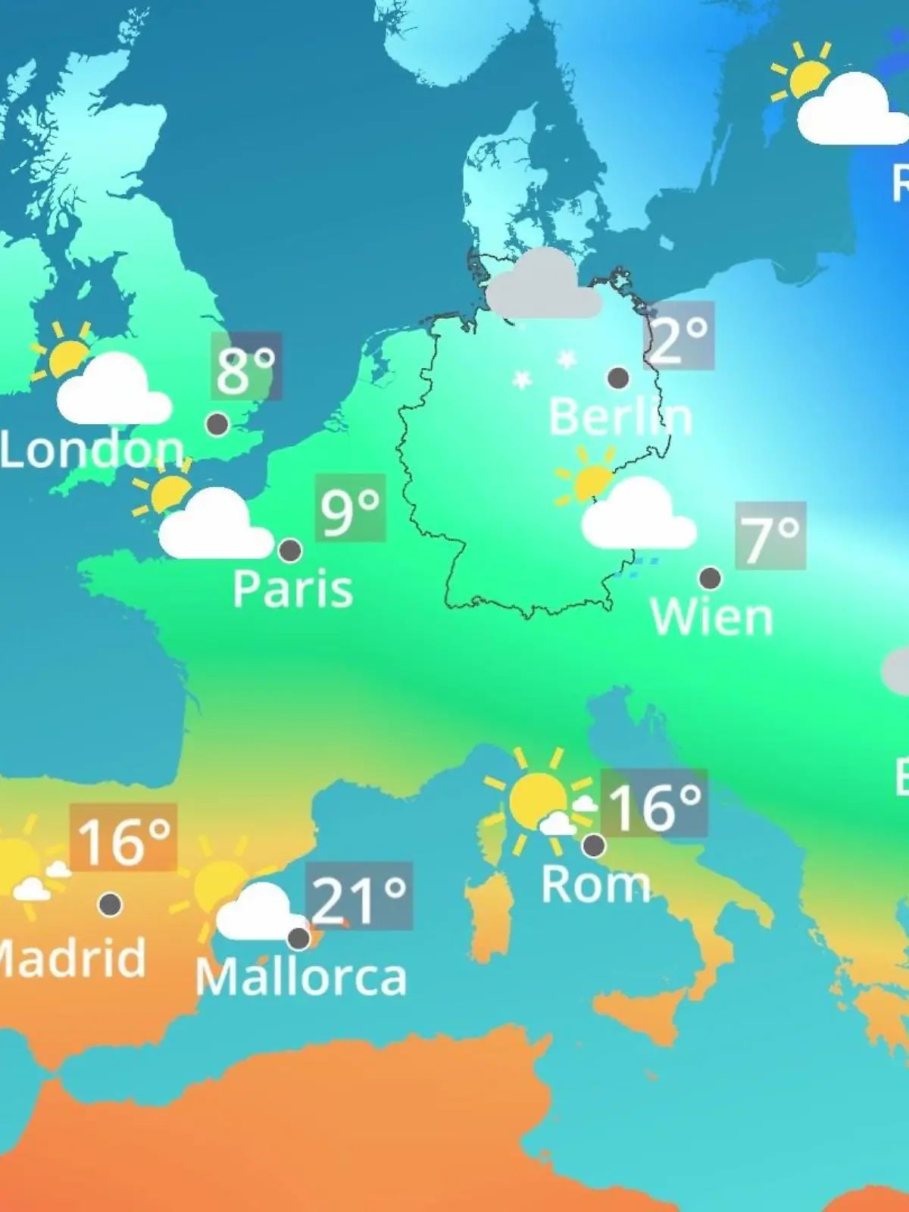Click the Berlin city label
pyautogui.click(x=620, y=417)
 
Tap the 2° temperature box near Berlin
pyautogui.click(x=679, y=336)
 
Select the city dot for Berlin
pyautogui.click(x=618, y=377)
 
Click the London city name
pyautogui.click(x=92, y=449)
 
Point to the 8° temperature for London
pyautogui.click(x=246, y=367)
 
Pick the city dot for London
pyautogui.click(x=217, y=423)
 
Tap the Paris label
pyautogui.click(x=292, y=589)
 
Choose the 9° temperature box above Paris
pyautogui.click(x=351, y=508)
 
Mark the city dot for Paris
pyautogui.click(x=290, y=550)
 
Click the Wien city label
pyautogui.click(x=711, y=617)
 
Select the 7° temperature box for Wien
pyautogui.click(x=770, y=536)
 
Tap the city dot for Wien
pyautogui.click(x=710, y=578)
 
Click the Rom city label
pyautogui.click(x=595, y=884)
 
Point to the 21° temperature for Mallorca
pyautogui.click(x=359, y=896)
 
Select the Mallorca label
pyautogui.click(x=301, y=977)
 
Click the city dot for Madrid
pyautogui.click(x=111, y=904)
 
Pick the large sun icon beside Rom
pyautogui.click(x=537, y=799)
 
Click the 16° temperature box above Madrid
pyautogui.click(x=123, y=838)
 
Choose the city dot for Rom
pyautogui.click(x=594, y=844)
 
